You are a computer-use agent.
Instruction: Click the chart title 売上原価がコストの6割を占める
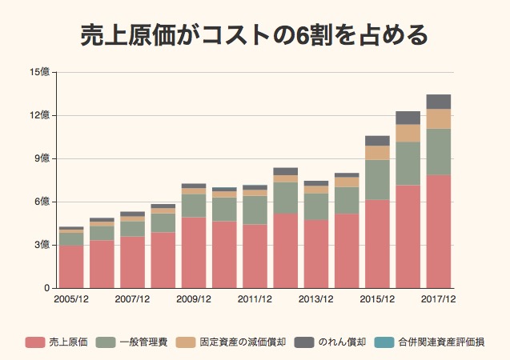click(x=255, y=35)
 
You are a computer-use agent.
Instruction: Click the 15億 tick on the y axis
click(x=40, y=72)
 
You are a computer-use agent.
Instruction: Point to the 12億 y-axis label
click(x=40, y=115)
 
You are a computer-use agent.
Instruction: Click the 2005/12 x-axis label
click(x=71, y=300)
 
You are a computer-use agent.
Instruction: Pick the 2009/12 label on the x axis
click(x=194, y=300)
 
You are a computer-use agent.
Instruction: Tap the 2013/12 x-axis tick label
click(x=316, y=300)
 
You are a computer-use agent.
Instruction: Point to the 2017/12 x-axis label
click(x=439, y=300)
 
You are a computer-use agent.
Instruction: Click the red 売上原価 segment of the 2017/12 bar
click(x=439, y=232)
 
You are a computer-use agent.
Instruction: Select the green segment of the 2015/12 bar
click(x=377, y=180)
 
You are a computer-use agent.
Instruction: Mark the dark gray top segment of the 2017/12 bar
click(x=439, y=102)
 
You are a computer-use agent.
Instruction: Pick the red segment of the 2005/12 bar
click(x=71, y=266)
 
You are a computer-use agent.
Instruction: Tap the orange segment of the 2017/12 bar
click(x=439, y=118)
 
